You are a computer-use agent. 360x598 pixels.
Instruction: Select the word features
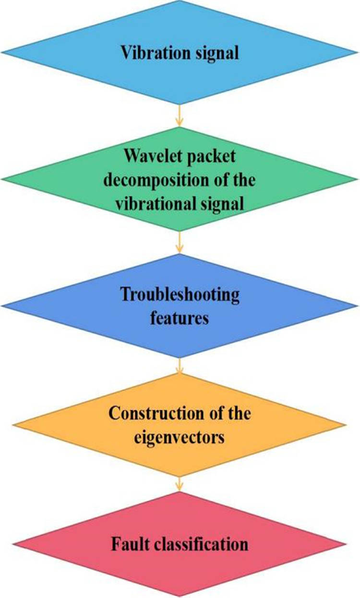click(179, 317)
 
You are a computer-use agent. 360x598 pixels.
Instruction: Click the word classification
click(202, 544)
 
